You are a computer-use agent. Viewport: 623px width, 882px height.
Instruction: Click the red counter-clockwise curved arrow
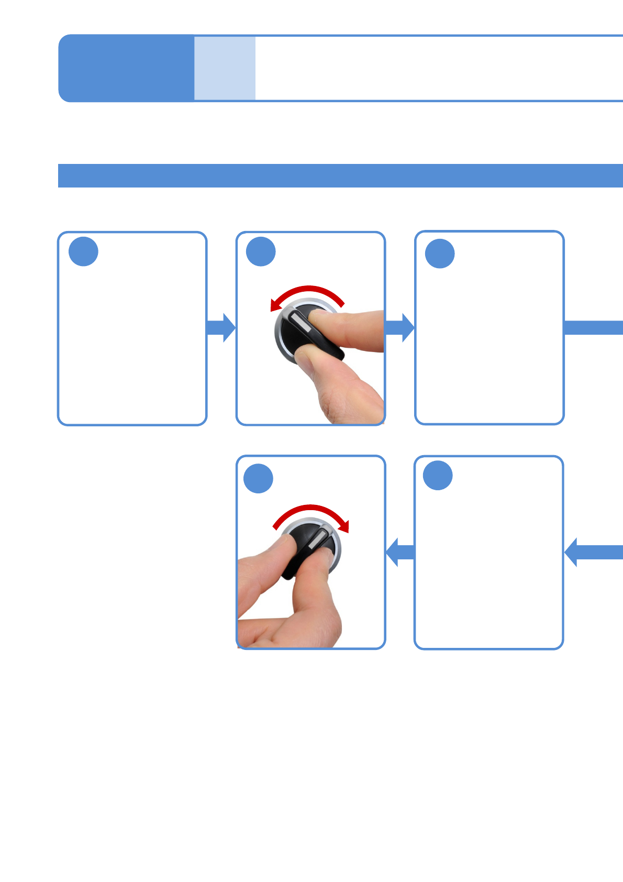(309, 290)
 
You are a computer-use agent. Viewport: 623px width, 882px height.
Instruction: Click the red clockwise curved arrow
(311, 509)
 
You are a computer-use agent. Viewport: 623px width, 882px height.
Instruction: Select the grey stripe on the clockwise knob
(319, 539)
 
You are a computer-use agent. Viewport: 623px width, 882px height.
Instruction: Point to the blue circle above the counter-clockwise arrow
(261, 252)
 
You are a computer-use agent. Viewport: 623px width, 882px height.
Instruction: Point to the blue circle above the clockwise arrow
(259, 479)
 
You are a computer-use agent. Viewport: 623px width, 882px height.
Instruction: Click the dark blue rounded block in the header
(126, 68)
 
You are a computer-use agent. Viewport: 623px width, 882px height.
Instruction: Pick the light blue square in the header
(225, 68)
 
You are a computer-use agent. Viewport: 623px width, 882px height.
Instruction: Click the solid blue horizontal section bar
(340, 175)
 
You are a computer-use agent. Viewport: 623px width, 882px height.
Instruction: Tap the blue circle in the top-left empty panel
(83, 252)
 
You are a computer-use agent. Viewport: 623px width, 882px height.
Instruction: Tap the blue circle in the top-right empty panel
(440, 254)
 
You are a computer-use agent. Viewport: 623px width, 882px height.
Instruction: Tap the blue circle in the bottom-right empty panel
(438, 476)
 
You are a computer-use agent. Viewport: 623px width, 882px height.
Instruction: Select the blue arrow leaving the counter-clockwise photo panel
(400, 328)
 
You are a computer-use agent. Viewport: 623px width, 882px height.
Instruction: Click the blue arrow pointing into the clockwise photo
(400, 552)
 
